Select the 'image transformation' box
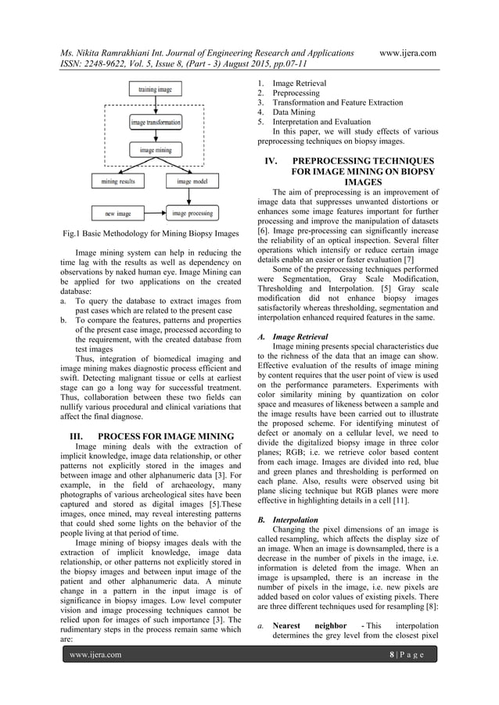pyautogui.click(x=156, y=123)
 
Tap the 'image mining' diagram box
pyautogui.click(x=156, y=149)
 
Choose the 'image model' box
pyautogui.click(x=192, y=181)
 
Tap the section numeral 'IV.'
pyautogui.click(x=277, y=159)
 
